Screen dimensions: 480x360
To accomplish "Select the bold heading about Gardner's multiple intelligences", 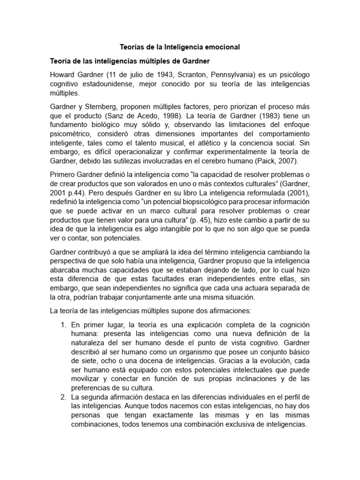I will coord(135,61).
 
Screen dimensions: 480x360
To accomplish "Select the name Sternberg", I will coord(100,102).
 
